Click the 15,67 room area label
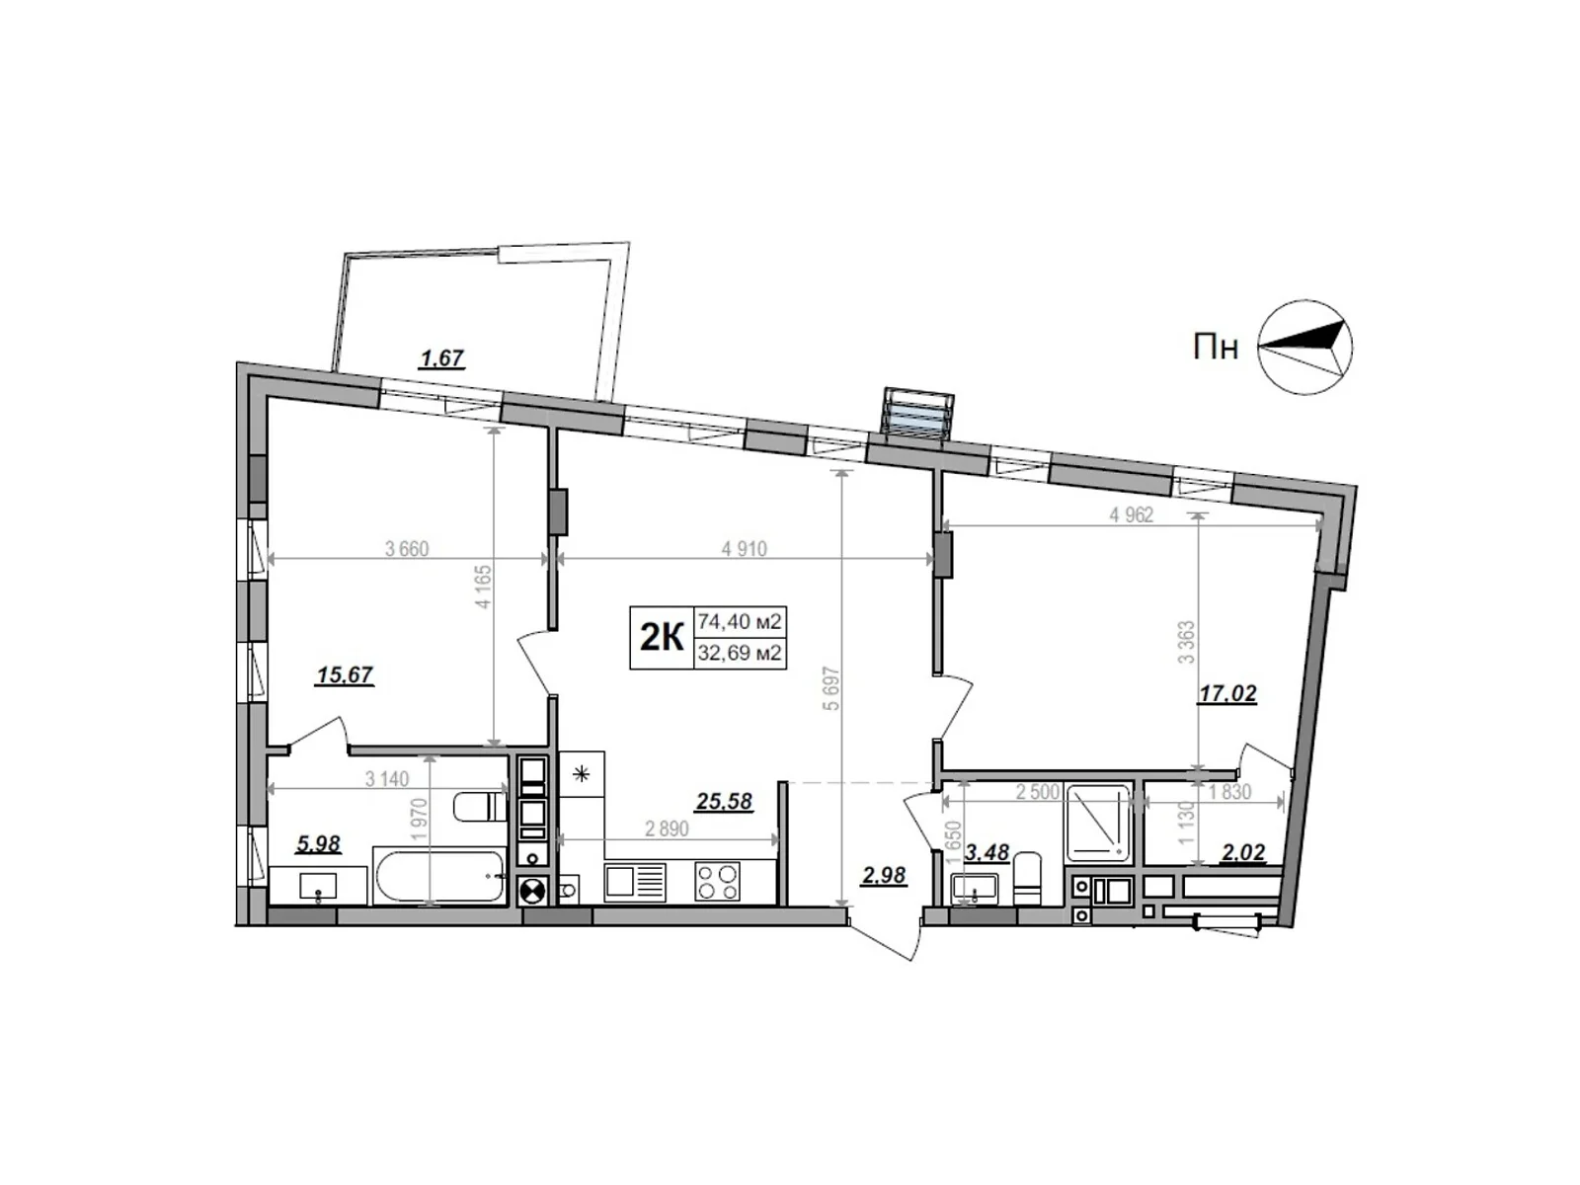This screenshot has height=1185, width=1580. pos(344,676)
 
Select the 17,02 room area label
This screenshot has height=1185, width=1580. pos(1226,695)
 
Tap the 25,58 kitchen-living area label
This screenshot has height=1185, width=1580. pos(724,802)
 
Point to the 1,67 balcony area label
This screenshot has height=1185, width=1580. pos(441,358)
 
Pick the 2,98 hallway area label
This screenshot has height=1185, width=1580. pos(883,875)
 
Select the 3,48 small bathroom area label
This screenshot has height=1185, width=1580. pos(987,852)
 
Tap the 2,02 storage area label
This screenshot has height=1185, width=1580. pos(1242,853)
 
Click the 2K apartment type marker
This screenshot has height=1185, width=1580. pos(662,638)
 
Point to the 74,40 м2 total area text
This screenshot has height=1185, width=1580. pos(740,622)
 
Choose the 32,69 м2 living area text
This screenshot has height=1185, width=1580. pos(740,653)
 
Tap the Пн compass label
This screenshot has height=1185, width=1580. pos(1216,349)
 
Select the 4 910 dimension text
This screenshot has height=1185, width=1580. pos(744,549)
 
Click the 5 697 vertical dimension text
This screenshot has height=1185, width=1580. pos(831,691)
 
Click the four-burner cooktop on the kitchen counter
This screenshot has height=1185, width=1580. pos(718,880)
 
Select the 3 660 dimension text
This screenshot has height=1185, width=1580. pos(407,549)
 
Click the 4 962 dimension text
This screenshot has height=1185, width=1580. pos(1131,515)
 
